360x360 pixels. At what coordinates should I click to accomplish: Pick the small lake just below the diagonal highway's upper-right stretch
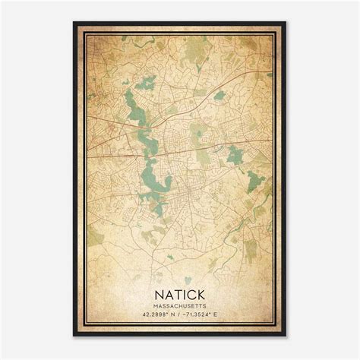point(219,96)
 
